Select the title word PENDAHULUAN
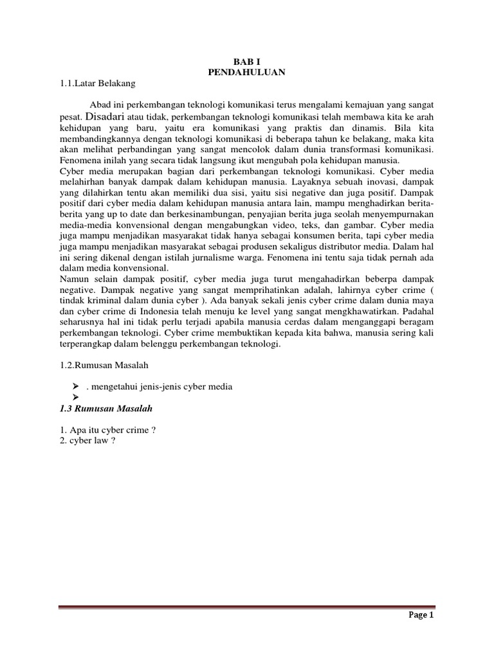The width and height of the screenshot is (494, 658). pyautogui.click(x=246, y=73)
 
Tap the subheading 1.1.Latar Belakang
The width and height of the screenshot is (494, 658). pyautogui.click(x=96, y=83)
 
